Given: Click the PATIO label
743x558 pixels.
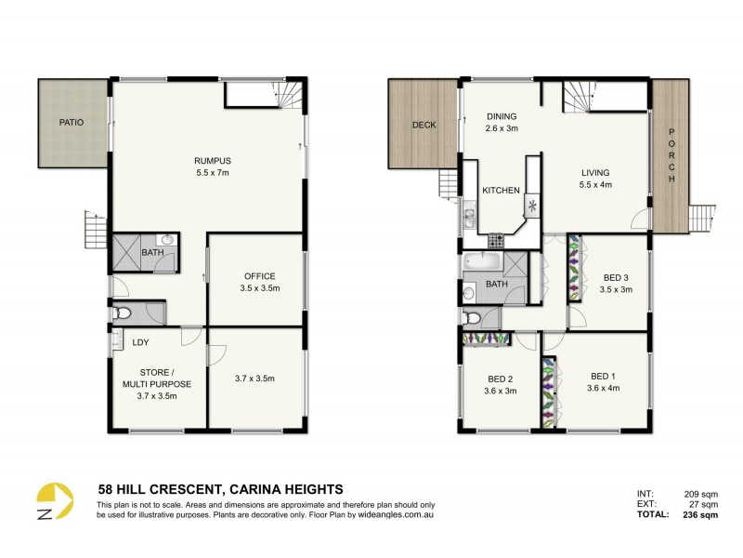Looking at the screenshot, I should tap(72, 122).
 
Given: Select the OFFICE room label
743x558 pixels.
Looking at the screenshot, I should tap(260, 276).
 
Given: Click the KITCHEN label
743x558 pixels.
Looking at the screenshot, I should tap(501, 191).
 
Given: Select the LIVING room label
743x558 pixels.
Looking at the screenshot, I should tap(595, 172).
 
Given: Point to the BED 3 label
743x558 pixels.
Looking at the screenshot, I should tap(616, 278).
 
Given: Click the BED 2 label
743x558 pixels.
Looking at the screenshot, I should tap(501, 379).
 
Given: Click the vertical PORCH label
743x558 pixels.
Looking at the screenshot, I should tap(671, 153).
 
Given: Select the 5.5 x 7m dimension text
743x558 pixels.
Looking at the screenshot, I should tap(212, 173).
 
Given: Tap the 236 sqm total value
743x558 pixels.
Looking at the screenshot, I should tap(700, 514).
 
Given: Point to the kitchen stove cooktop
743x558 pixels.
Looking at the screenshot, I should tap(496, 240).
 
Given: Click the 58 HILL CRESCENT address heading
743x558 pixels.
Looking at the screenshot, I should tap(220, 488).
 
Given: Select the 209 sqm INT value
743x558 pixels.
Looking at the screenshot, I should tap(701, 494).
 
